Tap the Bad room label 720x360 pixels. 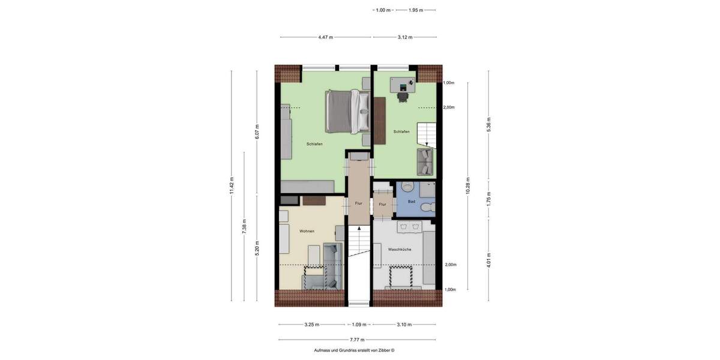pyautogui.click(x=412, y=202)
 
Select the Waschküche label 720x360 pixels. pyautogui.click(x=399, y=249)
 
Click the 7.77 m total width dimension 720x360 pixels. pyautogui.click(x=358, y=340)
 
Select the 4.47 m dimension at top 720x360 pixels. pyautogui.click(x=327, y=37)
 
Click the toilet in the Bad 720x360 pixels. pyautogui.click(x=426, y=208)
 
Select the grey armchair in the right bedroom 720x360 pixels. pyautogui.click(x=425, y=160)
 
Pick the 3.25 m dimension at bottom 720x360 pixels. pyautogui.click(x=311, y=325)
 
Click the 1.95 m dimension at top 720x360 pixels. pyautogui.click(x=416, y=10)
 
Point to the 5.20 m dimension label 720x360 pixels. pyautogui.click(x=257, y=247)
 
